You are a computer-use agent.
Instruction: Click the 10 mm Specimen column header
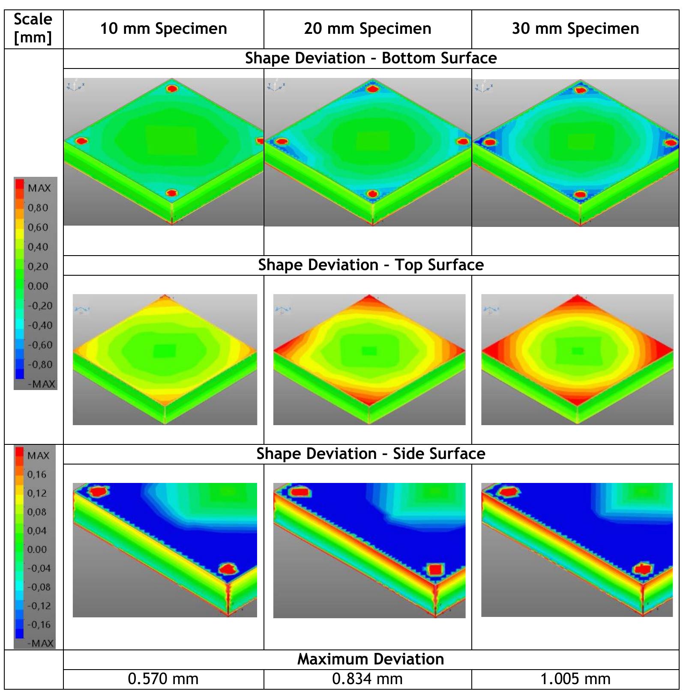pos(163,29)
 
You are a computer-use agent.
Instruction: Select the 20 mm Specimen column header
pos(368,29)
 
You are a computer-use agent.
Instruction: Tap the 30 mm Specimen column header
pos(575,29)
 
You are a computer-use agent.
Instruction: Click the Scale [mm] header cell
pos(33,28)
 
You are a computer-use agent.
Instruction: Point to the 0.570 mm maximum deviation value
pos(163,679)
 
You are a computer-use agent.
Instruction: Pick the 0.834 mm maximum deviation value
pos(368,679)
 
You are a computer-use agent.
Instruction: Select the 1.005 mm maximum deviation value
pos(575,679)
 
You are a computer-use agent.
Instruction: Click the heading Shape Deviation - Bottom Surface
pos(371,58)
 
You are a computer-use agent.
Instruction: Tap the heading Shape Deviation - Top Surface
pos(371,265)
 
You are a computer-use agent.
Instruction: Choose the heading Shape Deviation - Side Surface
pos(371,454)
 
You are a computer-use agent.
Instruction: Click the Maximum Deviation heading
pos(371,659)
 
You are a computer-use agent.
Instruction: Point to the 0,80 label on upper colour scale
pos(38,208)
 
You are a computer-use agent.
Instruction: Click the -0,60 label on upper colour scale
pos(40,345)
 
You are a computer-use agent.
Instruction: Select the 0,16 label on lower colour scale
pos(37,474)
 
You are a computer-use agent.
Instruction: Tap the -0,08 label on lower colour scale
pos(39,587)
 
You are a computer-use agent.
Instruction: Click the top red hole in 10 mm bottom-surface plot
pos(172,89)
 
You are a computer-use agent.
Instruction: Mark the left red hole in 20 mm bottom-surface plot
pos(282,141)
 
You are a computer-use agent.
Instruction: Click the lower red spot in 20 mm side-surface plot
pos(435,570)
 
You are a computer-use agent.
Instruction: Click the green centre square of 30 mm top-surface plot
pos(577,351)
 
